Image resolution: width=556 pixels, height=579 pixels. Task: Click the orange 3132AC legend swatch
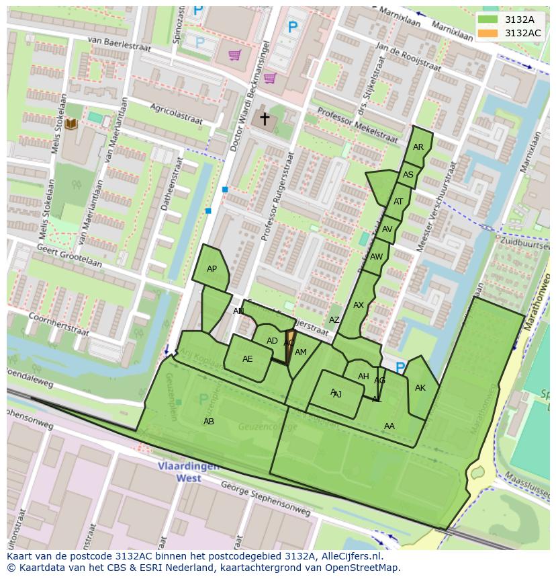click(x=489, y=33)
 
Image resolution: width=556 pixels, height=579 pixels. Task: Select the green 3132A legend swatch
click(x=489, y=20)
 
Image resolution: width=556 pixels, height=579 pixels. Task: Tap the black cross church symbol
click(x=265, y=119)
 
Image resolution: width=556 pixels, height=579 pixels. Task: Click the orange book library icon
click(x=71, y=124)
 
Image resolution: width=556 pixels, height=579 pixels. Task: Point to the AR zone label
click(x=418, y=147)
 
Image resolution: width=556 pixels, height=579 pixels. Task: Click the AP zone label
click(x=212, y=269)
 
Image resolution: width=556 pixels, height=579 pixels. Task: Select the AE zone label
click(x=248, y=359)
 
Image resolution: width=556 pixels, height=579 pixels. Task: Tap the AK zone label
click(x=420, y=388)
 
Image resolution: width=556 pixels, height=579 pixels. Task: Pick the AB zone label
click(x=209, y=422)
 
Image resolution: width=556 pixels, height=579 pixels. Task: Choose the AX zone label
click(x=359, y=305)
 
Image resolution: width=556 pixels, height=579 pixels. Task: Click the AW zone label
click(x=376, y=257)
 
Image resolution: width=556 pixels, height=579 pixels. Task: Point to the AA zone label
click(x=389, y=426)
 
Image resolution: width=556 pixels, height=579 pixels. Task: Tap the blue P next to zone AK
click(x=400, y=368)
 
